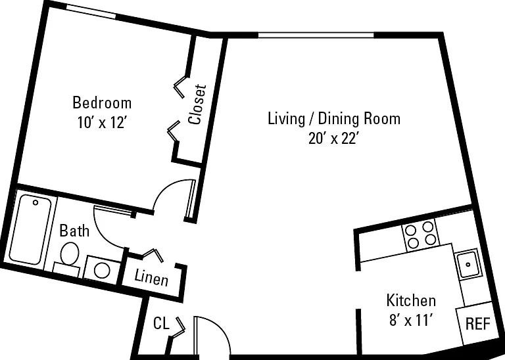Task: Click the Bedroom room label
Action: pyautogui.click(x=102, y=102)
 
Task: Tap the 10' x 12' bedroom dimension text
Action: pyautogui.click(x=101, y=123)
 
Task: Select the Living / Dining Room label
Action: pyautogui.click(x=334, y=118)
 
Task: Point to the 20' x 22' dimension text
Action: pyautogui.click(x=333, y=139)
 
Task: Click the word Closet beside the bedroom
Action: pyautogui.click(x=197, y=104)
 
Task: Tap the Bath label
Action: pyautogui.click(x=74, y=231)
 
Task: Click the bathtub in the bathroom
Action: pyautogui.click(x=30, y=230)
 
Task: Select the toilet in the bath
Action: pyautogui.click(x=68, y=258)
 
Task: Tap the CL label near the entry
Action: pyautogui.click(x=161, y=323)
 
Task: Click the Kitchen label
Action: pyautogui.click(x=411, y=300)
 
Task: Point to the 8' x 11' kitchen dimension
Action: pyautogui.click(x=410, y=321)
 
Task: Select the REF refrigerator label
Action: pyautogui.click(x=477, y=323)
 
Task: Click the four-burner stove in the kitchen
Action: pyautogui.click(x=420, y=235)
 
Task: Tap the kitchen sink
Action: pyautogui.click(x=468, y=264)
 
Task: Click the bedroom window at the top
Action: pyautogui.click(x=91, y=11)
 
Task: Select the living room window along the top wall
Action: pyautogui.click(x=316, y=35)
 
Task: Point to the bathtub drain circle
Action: pyautogui.click(x=36, y=203)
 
